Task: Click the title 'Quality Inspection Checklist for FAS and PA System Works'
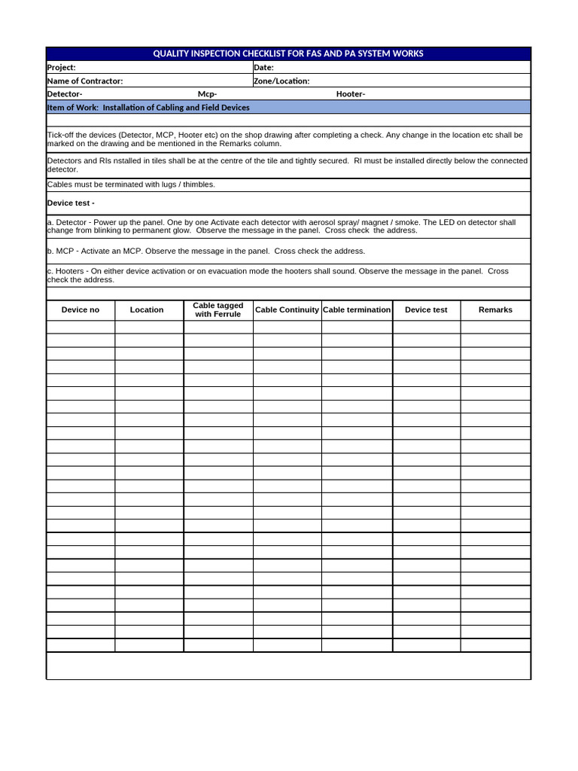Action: pos(288,53)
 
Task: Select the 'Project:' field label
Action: pos(62,68)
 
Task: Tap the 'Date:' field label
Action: pos(263,68)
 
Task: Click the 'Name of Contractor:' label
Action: pos(85,81)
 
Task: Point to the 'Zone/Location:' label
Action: pos(281,81)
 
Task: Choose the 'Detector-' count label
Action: pos(65,94)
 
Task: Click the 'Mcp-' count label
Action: pos(207,94)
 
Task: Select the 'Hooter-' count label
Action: pos(351,94)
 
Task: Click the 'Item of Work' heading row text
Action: pos(148,108)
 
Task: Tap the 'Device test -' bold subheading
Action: pos(71,203)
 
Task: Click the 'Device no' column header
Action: pos(81,310)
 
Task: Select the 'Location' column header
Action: pos(147,310)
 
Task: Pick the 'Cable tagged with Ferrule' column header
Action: pos(218,310)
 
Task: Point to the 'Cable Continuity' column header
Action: pos(287,310)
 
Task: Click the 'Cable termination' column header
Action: pos(357,310)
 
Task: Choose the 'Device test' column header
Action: pos(426,310)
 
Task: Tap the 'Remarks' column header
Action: pos(495,310)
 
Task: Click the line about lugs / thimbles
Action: pos(131,184)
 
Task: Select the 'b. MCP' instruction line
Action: pos(205,251)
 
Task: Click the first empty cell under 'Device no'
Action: pos(81,327)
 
